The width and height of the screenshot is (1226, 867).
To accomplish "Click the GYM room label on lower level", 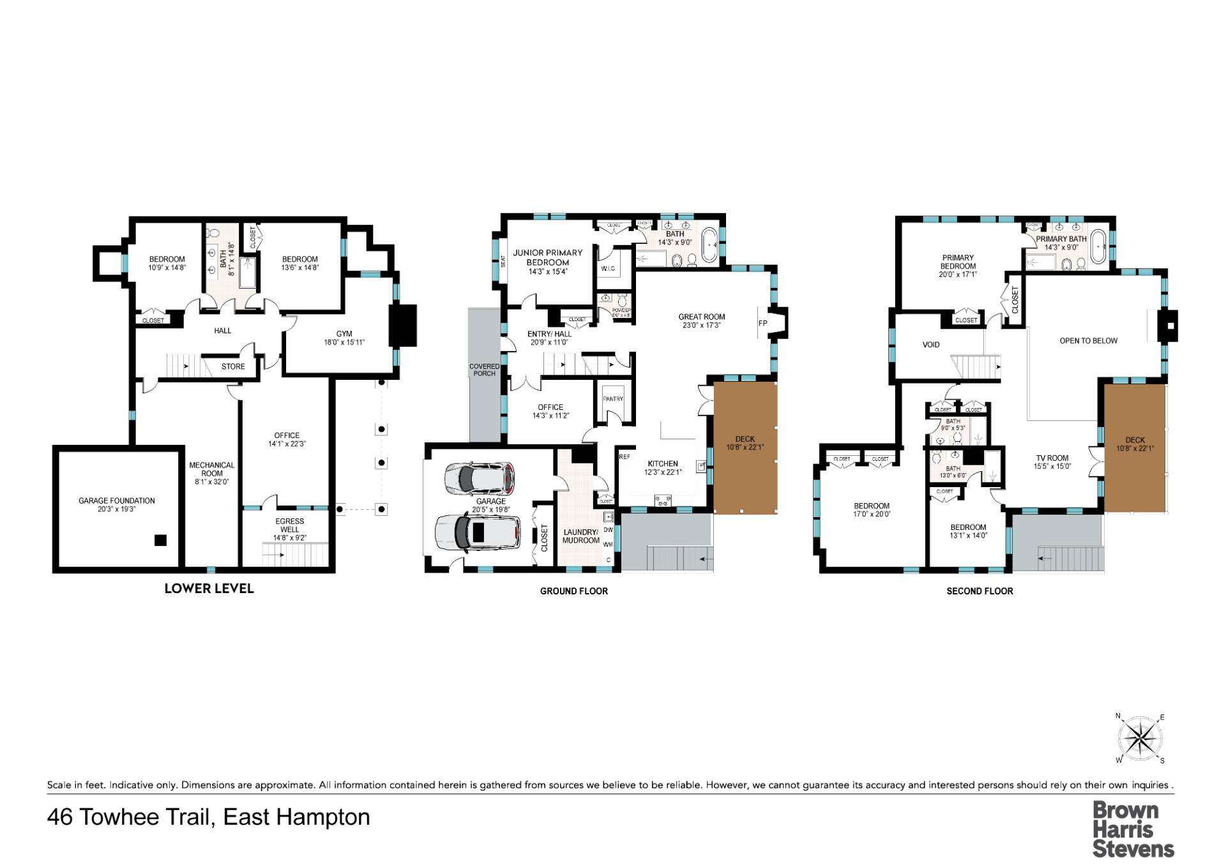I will tap(344, 333).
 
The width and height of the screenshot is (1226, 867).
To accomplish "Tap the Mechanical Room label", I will tap(212, 469).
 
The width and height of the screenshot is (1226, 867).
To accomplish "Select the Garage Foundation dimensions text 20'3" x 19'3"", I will tap(116, 509).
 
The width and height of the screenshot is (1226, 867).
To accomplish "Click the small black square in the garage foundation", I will tap(160, 540).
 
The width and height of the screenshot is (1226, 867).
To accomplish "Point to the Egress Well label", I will tap(290, 525).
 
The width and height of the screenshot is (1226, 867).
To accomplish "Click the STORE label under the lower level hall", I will tap(233, 366).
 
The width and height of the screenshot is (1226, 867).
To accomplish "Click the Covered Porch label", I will tap(485, 370).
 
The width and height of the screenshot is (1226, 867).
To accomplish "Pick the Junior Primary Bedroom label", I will tap(548, 257).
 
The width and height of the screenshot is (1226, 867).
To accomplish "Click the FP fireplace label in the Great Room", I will tap(762, 323).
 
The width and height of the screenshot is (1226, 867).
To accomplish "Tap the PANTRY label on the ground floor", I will tap(613, 399).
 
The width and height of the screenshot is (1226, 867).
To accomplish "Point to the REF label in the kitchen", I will tap(624, 457).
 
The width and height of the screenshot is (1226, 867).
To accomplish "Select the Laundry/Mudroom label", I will tap(580, 536).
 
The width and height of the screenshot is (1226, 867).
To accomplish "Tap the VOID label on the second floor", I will tap(931, 345).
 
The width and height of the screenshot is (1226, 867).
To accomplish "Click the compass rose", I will tap(1140, 739).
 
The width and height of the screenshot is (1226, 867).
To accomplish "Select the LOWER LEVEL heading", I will tap(209, 589).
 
